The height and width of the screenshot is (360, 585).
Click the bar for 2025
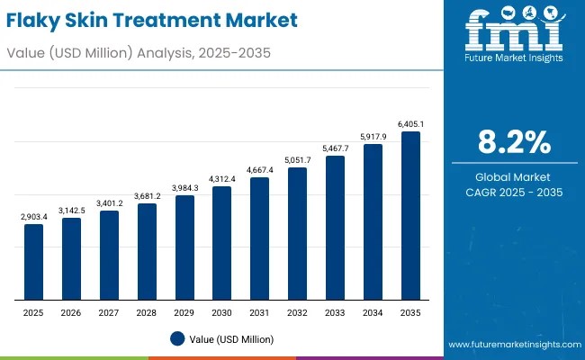(33, 262)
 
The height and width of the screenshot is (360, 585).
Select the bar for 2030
(222, 243)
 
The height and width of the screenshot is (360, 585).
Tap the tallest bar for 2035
(410, 216)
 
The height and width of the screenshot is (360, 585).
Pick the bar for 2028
(147, 251)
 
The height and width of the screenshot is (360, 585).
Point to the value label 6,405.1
(410, 124)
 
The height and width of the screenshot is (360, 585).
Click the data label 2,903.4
(33, 217)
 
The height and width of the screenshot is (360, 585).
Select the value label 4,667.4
(260, 170)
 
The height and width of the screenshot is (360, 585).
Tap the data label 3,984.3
(184, 188)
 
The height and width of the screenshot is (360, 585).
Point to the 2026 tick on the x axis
(71, 313)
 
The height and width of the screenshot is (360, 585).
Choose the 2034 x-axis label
(373, 313)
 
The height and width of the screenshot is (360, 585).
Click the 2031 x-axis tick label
(260, 313)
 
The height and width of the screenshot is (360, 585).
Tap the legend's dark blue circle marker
(176, 338)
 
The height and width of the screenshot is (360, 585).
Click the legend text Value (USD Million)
(232, 339)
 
